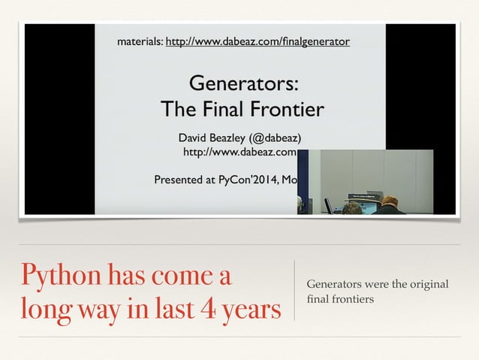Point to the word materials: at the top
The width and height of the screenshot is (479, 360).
pos(139,41)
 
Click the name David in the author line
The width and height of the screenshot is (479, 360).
pos(193,138)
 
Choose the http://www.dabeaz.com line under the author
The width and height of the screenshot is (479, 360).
pos(240,152)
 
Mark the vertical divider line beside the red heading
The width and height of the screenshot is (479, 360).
pos(294,291)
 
